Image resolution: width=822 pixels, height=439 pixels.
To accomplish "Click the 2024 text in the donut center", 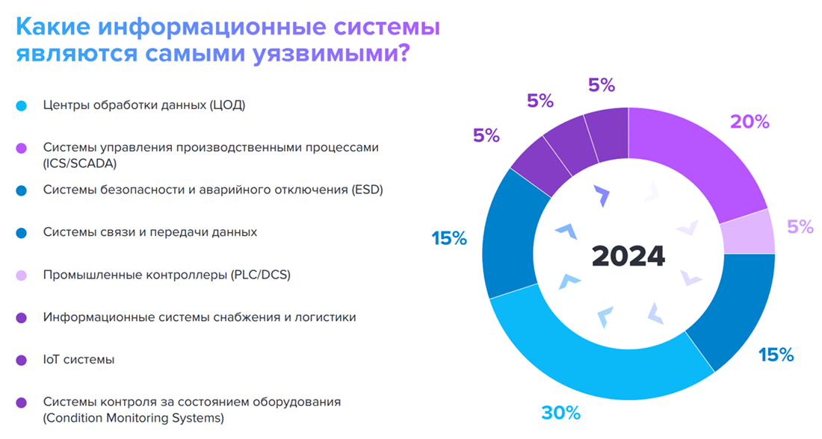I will [x=628, y=255].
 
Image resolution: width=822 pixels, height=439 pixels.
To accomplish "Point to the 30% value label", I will [x=560, y=412].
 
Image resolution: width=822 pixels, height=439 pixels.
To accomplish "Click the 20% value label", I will [x=750, y=122].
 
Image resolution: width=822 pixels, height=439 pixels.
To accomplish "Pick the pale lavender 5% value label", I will [x=800, y=227].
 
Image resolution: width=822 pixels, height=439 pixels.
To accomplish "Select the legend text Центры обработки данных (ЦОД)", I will [x=144, y=105].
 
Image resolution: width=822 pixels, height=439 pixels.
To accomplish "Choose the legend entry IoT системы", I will [x=78, y=359].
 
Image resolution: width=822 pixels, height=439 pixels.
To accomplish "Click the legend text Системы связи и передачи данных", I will [x=150, y=232].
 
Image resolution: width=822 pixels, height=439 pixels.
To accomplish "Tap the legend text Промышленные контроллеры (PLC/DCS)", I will [x=167, y=275].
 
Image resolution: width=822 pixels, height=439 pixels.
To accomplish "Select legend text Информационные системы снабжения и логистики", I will [x=200, y=317].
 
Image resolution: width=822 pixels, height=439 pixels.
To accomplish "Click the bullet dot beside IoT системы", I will [x=22, y=360].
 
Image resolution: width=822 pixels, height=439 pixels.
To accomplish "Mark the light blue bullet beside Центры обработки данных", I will [x=22, y=105].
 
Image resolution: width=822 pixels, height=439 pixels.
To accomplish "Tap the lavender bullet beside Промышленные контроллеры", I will [x=22, y=275].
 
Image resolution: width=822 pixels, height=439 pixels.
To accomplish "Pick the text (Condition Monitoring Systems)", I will [x=134, y=417].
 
